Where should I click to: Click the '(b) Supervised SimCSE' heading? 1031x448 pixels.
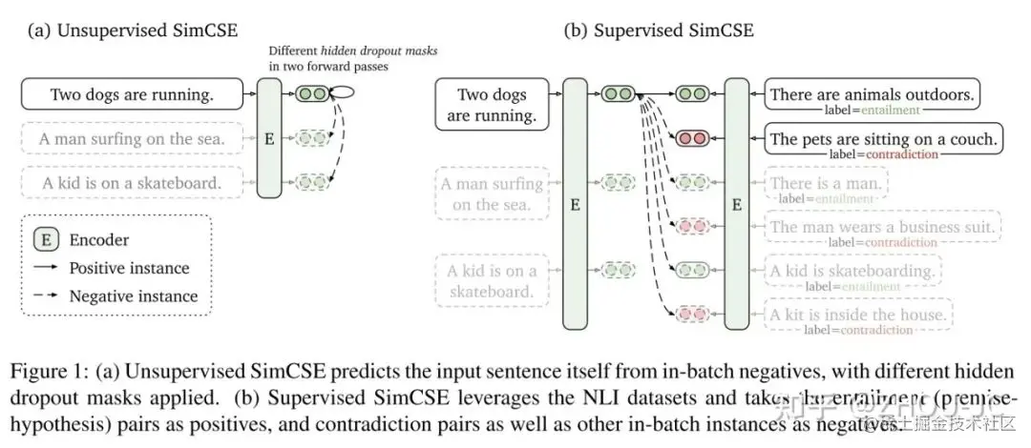658,31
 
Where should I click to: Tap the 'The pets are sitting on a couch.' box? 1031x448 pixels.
884,138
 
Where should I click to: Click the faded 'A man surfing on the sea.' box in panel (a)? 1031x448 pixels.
132,139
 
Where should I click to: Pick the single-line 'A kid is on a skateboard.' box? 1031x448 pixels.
132,181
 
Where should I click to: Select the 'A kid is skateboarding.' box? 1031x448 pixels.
852,271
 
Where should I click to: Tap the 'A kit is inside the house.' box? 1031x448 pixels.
858,315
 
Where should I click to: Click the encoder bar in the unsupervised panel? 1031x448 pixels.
269,138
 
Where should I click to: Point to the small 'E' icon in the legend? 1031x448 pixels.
46,240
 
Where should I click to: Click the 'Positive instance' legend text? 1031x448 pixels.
129,268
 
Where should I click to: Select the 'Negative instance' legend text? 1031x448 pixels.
133,295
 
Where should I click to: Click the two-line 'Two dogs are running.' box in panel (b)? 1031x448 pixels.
492,104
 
